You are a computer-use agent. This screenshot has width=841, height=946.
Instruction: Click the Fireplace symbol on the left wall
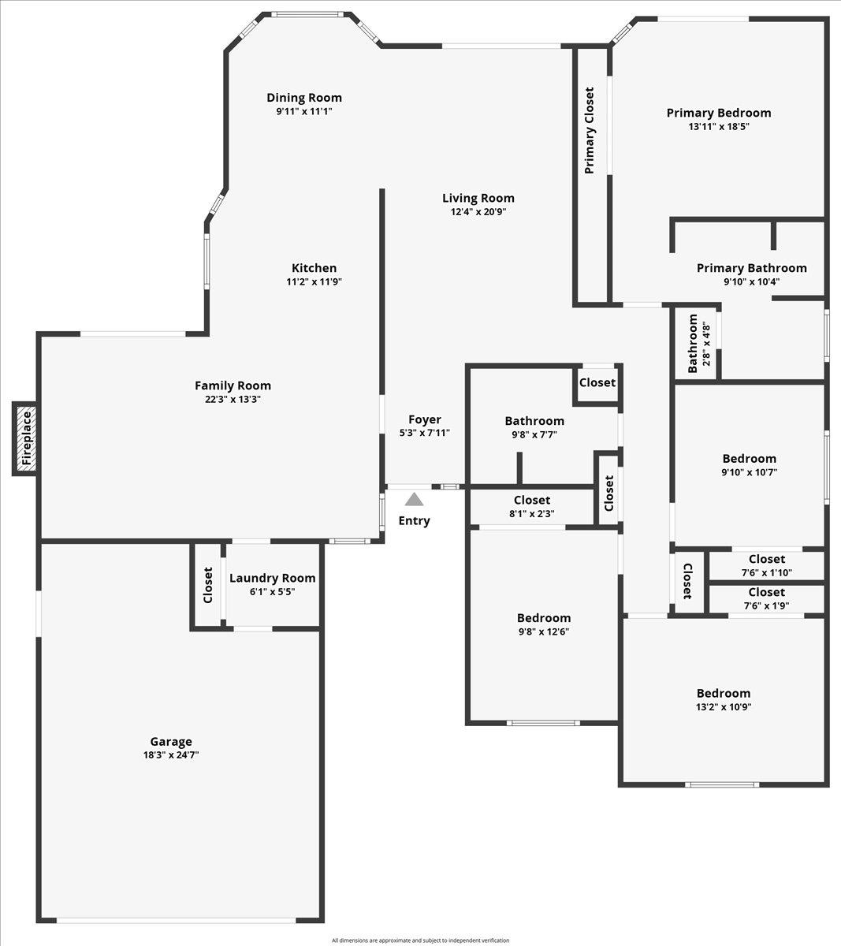pyautogui.click(x=26, y=438)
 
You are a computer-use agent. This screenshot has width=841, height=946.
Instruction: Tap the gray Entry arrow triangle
pyautogui.click(x=414, y=499)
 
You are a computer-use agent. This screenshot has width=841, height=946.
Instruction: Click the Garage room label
pyautogui.click(x=171, y=741)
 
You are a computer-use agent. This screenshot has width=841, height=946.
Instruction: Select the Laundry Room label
pyautogui.click(x=272, y=578)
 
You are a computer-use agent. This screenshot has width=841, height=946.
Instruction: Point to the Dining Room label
pyautogui.click(x=304, y=98)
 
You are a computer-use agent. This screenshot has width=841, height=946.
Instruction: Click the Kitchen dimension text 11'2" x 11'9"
pyautogui.click(x=314, y=281)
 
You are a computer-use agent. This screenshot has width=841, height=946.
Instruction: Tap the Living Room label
pyautogui.click(x=478, y=198)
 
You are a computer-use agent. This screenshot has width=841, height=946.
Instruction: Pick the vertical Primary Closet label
pyautogui.click(x=590, y=131)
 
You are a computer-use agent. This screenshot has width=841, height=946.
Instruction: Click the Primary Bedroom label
pyautogui.click(x=718, y=113)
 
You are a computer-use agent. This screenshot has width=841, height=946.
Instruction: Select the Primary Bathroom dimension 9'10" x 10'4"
pyautogui.click(x=751, y=281)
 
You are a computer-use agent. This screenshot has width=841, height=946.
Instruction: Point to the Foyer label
pyautogui.click(x=424, y=419)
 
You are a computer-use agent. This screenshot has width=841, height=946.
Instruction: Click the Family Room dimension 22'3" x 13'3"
pyautogui.click(x=233, y=399)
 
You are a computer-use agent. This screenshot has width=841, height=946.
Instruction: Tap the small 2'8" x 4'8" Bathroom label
pyautogui.click(x=707, y=344)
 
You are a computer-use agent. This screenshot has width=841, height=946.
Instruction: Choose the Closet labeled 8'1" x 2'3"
pyautogui.click(x=532, y=513)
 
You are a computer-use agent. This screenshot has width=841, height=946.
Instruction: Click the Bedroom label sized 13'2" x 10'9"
pyautogui.click(x=723, y=693)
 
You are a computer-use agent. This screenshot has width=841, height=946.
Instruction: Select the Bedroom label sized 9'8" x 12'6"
pyautogui.click(x=544, y=617)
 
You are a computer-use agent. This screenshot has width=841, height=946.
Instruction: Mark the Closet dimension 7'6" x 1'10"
pyautogui.click(x=766, y=573)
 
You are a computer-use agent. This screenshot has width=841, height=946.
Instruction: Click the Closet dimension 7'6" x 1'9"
pyautogui.click(x=766, y=605)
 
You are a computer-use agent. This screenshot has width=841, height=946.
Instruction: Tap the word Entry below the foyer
pyautogui.click(x=414, y=520)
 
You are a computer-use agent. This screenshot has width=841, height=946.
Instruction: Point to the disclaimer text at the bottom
pyautogui.click(x=420, y=940)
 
